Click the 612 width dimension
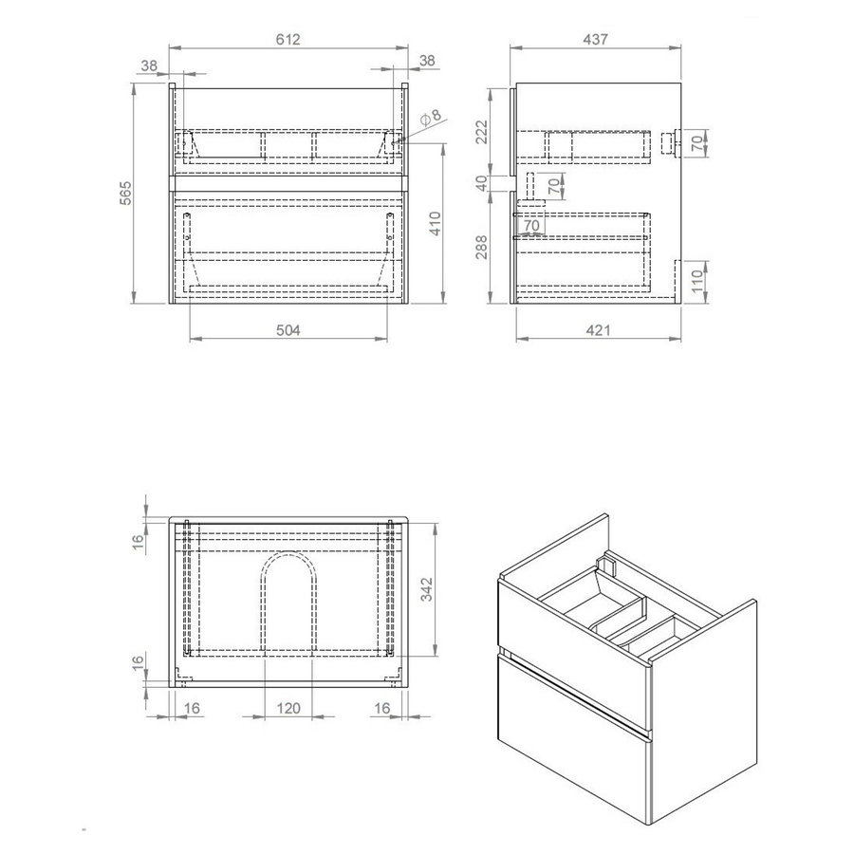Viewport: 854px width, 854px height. (288, 39)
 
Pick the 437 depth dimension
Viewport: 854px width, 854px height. (597, 39)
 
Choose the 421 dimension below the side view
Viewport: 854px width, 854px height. (597, 330)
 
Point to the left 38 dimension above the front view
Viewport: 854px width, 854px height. (149, 65)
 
